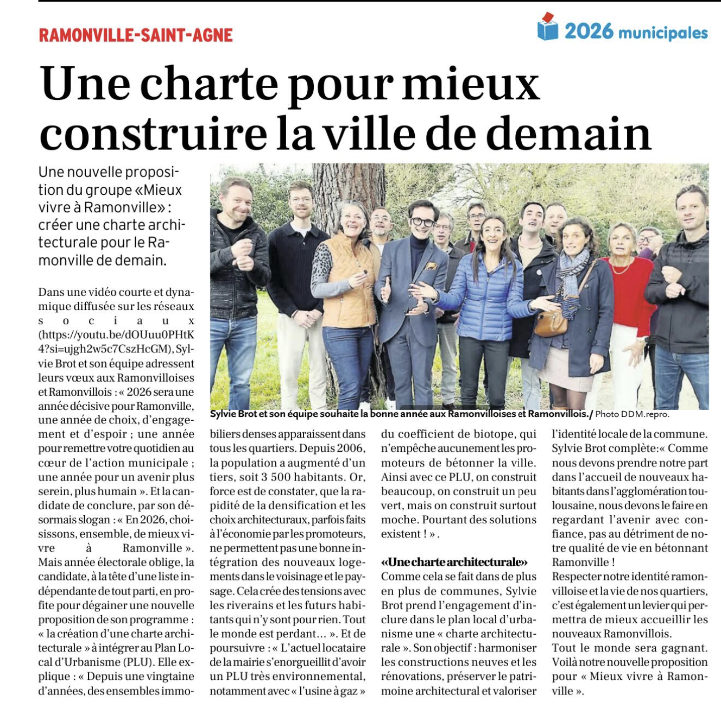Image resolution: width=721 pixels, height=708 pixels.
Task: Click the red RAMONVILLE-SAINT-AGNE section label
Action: coord(136,35)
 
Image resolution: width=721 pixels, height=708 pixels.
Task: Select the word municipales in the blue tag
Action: coord(663,33)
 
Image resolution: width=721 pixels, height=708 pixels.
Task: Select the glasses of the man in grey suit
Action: coord(422,222)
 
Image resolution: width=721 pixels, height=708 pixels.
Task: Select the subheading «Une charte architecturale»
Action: coord(454,562)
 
